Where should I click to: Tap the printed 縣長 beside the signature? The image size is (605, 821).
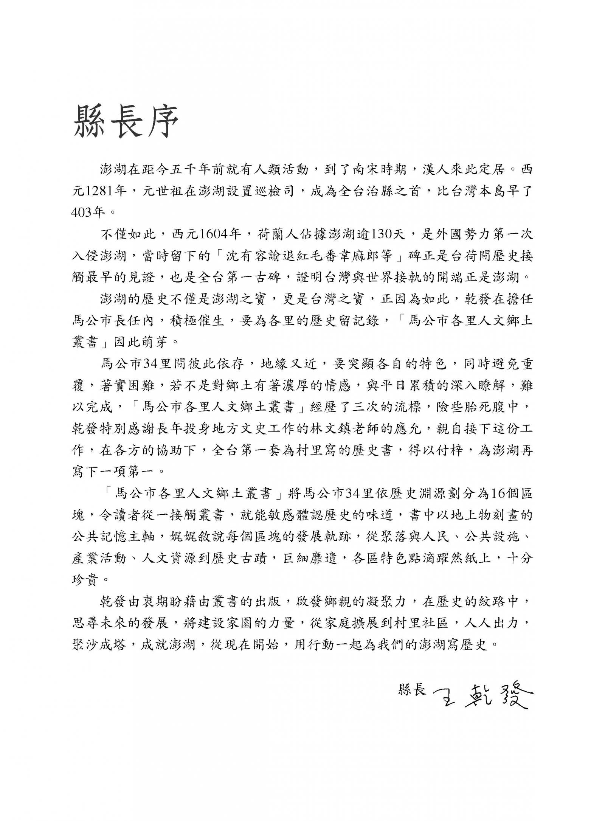click(412, 689)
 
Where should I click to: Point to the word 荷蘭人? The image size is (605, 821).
click(278, 235)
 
